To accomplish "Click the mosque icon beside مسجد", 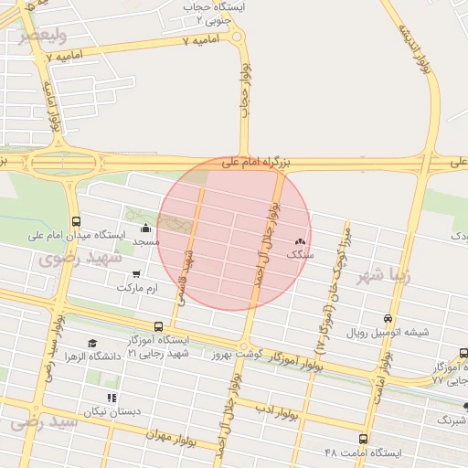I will coord(145,229).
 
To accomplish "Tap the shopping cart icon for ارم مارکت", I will coord(136,273).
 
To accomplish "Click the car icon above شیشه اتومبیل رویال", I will coord(388,319).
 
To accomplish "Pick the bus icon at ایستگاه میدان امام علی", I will coord(75,221).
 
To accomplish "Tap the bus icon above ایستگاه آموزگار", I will coord(159,325).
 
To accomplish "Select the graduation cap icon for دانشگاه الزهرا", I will coord(91,343).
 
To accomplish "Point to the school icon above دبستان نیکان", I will coord(112,398).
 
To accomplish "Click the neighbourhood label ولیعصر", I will coord(43,37).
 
